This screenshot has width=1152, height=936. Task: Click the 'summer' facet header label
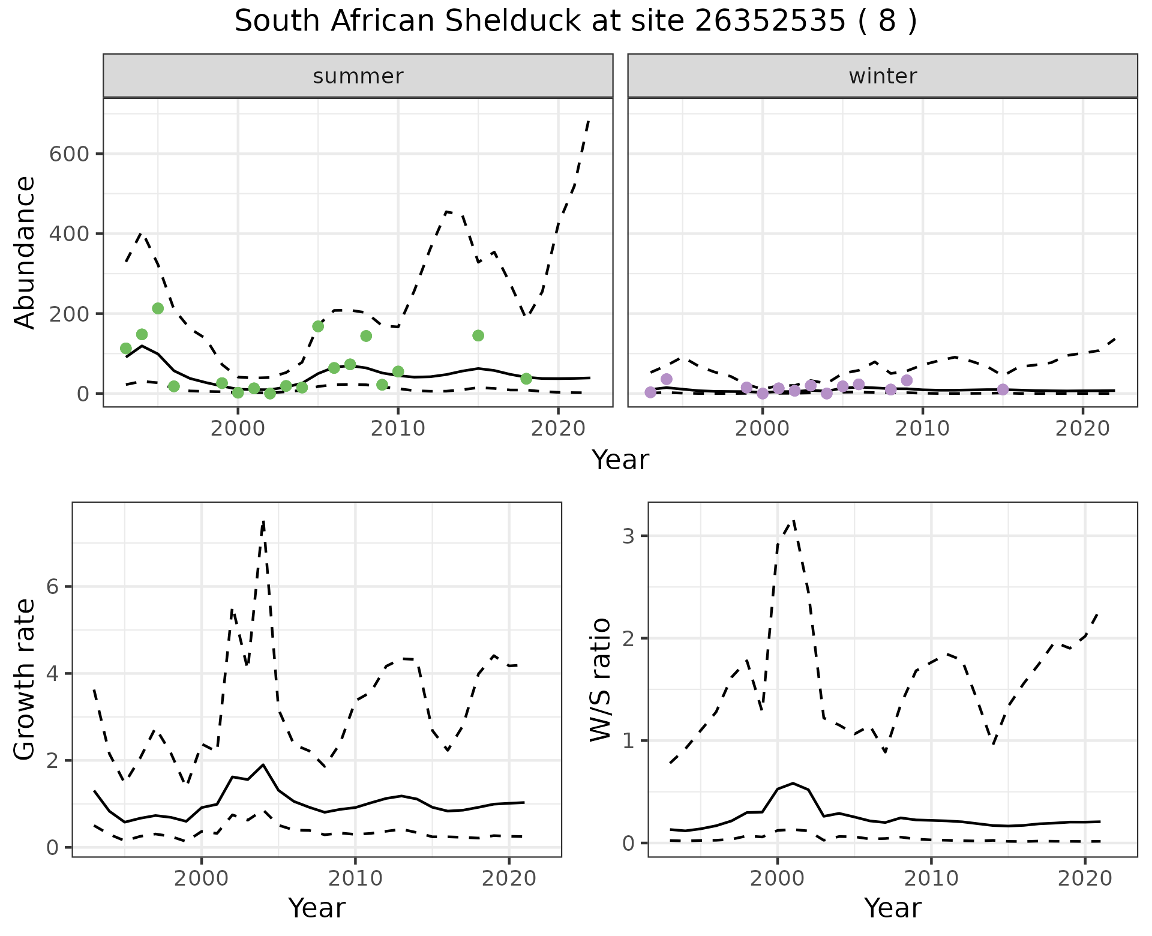358,76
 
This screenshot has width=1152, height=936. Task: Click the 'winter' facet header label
883,76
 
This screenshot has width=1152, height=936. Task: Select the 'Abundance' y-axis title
25,253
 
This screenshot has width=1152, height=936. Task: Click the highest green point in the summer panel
158,308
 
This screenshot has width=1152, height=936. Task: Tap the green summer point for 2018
526,379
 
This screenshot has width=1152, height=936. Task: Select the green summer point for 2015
478,335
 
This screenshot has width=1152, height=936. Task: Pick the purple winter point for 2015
1003,389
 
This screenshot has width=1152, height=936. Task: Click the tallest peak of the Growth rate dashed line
263,522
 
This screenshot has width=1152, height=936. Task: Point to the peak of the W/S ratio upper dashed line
793,520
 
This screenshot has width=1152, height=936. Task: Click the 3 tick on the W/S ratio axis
629,536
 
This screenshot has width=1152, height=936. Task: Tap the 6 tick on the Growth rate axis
53,587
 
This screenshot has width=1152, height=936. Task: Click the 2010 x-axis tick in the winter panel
922,428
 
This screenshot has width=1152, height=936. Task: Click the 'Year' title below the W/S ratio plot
892,908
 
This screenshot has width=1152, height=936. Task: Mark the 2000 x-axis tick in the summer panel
238,428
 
